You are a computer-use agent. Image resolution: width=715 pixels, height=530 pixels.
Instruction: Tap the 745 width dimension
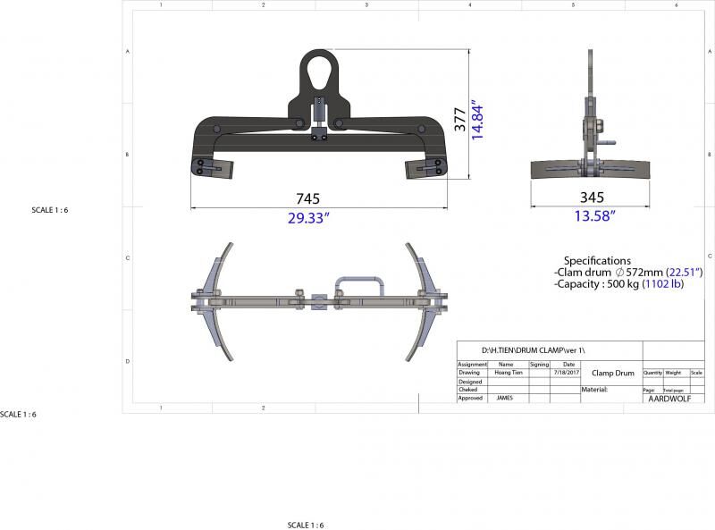(307, 198)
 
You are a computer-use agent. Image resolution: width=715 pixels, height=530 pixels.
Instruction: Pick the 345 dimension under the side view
(592, 198)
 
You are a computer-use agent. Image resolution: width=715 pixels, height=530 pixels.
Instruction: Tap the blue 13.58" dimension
(592, 215)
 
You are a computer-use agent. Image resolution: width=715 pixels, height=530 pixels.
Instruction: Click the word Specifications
(597, 261)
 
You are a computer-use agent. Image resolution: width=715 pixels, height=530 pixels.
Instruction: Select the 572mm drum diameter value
(639, 273)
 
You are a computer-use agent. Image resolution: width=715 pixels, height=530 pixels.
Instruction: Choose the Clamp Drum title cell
(612, 373)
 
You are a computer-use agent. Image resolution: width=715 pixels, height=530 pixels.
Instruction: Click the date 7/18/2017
(567, 372)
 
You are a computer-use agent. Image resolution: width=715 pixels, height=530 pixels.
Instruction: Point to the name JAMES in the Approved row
(505, 398)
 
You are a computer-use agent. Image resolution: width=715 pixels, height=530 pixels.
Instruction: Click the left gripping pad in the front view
(212, 167)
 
